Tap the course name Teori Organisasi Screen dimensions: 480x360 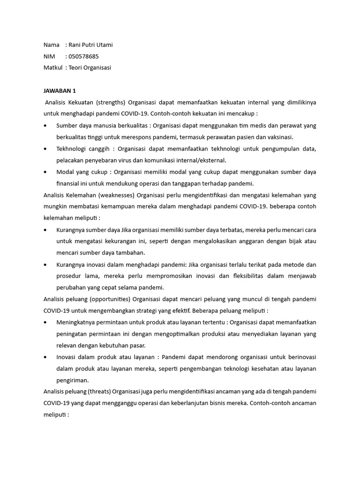click(90, 67)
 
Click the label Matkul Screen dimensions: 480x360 click(52, 67)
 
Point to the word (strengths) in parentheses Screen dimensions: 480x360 click(110, 102)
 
